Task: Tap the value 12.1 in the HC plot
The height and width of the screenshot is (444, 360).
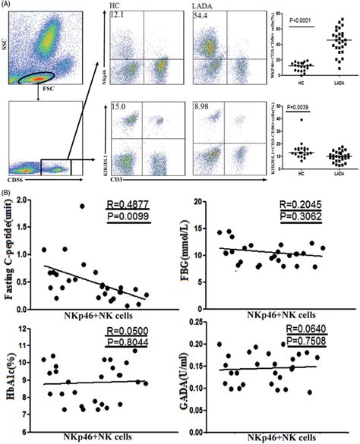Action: (x=117, y=15)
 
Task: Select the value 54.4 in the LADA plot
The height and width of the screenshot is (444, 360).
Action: (x=202, y=15)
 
